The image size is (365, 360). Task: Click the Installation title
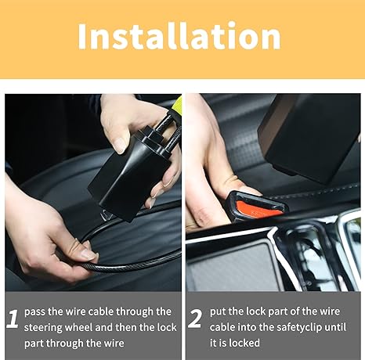[x=179, y=36]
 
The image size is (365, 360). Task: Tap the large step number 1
[x=12, y=319]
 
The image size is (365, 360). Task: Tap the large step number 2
[x=195, y=319]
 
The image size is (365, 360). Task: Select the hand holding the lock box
[x=133, y=125]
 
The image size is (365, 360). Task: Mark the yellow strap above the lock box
[x=176, y=102]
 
